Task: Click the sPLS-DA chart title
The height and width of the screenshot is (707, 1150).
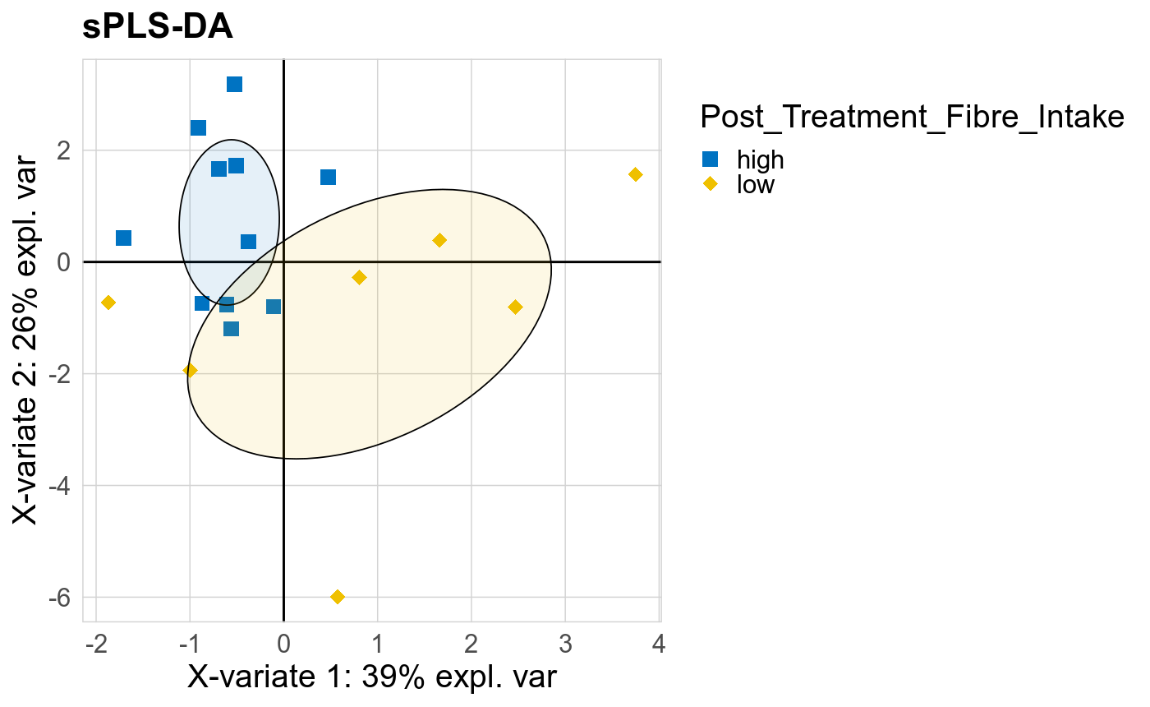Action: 158,28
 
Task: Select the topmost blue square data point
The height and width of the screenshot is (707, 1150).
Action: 235,85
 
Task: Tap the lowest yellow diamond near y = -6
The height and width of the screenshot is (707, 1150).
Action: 337,597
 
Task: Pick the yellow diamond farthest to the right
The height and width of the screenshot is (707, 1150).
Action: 635,174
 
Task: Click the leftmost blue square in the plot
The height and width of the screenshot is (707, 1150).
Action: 124,238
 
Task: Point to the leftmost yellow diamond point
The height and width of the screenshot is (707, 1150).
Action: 108,303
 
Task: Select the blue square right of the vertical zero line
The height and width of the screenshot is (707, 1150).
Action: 328,178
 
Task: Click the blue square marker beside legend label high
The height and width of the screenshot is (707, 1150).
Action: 711,159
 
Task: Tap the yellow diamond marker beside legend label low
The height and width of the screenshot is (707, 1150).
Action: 711,184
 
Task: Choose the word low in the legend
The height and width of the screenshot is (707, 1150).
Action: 756,184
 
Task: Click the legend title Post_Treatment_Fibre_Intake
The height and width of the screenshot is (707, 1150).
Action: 911,118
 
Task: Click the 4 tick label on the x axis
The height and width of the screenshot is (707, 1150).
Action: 658,643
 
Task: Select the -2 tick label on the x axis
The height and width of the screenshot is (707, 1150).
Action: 94,643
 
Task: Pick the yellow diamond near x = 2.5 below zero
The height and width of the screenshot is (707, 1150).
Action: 515,307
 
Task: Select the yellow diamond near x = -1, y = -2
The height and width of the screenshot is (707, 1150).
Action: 190,371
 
